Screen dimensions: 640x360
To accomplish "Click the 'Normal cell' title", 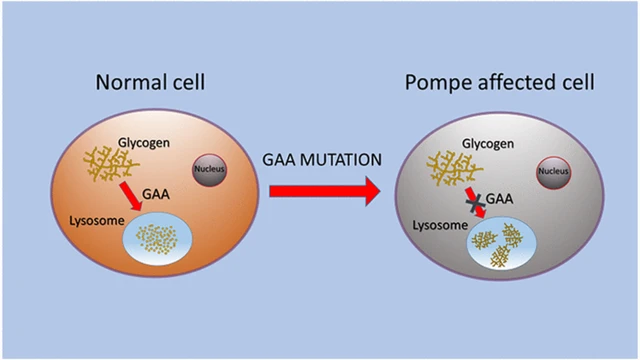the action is click(x=150, y=82).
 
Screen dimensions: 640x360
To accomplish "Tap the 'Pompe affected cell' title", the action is click(x=500, y=83).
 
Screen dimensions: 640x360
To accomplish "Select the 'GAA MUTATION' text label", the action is click(x=322, y=160).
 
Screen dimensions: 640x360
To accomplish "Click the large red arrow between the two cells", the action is click(x=325, y=191).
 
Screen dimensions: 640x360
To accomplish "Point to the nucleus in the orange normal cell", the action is click(x=209, y=170).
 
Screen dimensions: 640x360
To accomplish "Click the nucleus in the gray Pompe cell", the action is click(x=553, y=172).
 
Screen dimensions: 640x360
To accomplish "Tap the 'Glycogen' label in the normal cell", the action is click(x=144, y=143).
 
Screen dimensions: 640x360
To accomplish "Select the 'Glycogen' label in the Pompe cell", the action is click(x=488, y=144).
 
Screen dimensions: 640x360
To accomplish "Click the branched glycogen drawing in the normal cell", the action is click(x=111, y=163).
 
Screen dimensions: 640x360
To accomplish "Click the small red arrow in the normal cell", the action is click(x=131, y=196).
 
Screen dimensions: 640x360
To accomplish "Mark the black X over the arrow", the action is click(x=476, y=203).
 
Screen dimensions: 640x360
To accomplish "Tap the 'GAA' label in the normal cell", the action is click(x=156, y=194).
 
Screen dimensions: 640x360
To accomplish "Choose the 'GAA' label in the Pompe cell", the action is click(x=500, y=199).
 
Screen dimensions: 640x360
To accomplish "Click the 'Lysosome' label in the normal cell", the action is click(x=97, y=221).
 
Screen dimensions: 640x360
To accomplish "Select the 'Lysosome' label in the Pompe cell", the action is click(x=440, y=225).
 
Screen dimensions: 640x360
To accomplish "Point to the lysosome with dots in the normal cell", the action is click(x=158, y=239).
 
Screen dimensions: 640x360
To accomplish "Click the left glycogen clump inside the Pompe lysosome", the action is click(x=484, y=240).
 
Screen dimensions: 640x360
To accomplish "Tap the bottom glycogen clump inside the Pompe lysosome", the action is click(x=500, y=256).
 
